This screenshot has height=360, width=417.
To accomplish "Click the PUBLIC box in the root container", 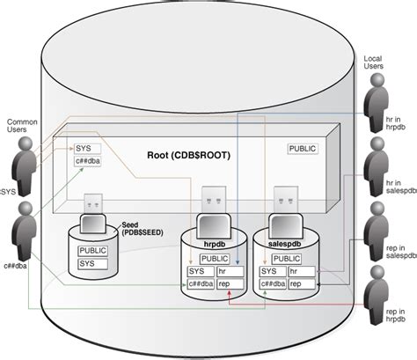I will pos(303,149).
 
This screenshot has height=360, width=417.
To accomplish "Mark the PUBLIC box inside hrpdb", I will pos(213,258).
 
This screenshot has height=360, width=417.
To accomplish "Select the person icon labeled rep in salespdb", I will pos(377,223).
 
